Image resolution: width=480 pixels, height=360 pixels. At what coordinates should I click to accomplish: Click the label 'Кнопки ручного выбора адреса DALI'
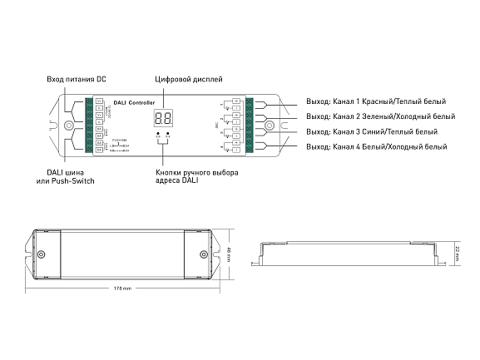pyautogui.click(x=196, y=176)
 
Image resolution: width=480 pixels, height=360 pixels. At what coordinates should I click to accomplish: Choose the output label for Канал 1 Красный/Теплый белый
pyautogui.click(x=375, y=102)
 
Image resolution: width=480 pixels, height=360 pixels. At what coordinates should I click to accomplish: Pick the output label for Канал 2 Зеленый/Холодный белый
pyautogui.click(x=380, y=117)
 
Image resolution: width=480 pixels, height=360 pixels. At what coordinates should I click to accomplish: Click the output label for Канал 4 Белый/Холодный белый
pyautogui.click(x=376, y=147)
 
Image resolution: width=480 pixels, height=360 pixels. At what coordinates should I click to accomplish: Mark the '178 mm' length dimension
pyautogui.click(x=121, y=288)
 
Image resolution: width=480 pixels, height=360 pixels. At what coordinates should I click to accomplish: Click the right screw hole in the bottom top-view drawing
pyautogui.click(x=202, y=254)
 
